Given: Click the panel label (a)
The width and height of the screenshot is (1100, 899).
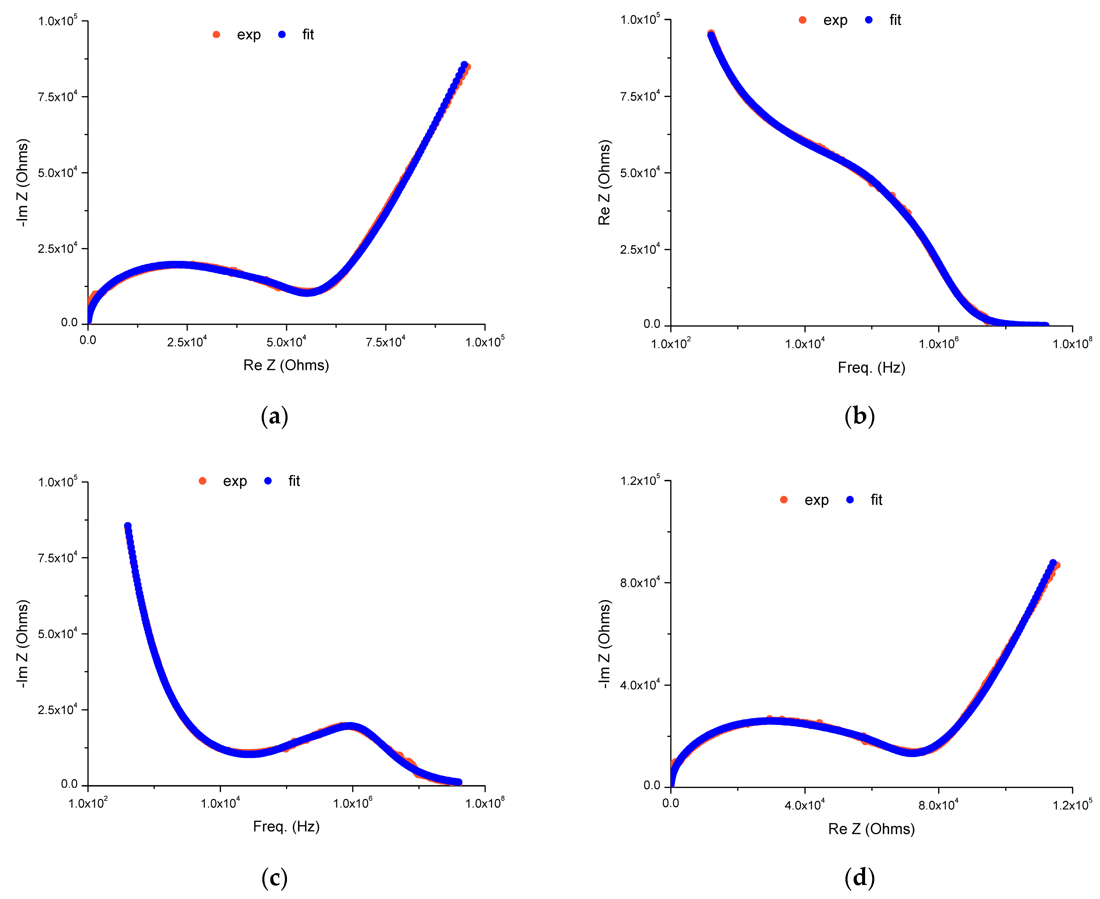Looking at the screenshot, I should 274,417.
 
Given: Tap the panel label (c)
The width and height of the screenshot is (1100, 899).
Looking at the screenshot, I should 274,878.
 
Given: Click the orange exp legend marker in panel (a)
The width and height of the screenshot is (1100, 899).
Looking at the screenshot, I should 216,35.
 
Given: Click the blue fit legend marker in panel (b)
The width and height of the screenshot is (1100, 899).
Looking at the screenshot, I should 869,20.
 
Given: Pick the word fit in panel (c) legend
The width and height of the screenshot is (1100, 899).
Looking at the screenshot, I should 294,481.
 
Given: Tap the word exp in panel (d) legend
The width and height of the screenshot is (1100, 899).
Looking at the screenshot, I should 816,500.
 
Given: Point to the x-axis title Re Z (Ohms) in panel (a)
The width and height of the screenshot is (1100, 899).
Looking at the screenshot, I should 286,366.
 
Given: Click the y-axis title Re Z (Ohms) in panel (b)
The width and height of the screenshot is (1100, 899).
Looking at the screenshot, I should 604,182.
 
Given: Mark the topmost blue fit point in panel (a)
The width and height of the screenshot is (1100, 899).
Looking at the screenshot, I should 464,65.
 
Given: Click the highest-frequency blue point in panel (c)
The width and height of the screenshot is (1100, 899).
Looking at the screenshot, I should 459,782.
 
